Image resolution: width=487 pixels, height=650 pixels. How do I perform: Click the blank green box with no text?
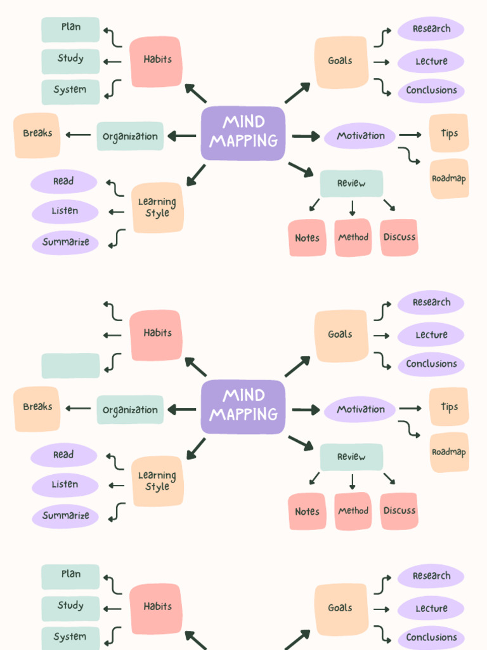[x=70, y=366]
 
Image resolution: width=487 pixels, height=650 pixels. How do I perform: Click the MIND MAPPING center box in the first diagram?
[x=243, y=133]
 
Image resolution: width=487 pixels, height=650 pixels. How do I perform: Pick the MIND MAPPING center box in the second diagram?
[x=243, y=406]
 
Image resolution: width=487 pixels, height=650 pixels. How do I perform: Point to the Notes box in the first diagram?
[x=307, y=238]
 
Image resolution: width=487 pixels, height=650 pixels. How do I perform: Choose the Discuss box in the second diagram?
[x=399, y=511]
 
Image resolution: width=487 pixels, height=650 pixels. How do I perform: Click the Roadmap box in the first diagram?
[x=449, y=179]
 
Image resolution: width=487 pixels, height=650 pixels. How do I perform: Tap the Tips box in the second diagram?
[x=449, y=407]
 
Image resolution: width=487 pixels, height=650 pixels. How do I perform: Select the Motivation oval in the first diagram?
[x=360, y=136]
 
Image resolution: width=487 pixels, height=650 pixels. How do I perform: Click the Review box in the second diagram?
[x=351, y=457]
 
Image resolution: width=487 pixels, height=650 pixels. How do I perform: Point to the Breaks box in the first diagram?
[x=37, y=135]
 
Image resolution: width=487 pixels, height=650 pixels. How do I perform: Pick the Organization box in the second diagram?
[x=130, y=410]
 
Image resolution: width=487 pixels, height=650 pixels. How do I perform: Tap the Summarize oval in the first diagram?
[x=65, y=242]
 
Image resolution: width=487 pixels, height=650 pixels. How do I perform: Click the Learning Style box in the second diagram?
[x=157, y=481]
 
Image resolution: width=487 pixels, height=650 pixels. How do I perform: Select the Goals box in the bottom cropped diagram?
[x=341, y=608]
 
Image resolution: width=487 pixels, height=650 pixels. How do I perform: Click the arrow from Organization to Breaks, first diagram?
[x=78, y=135]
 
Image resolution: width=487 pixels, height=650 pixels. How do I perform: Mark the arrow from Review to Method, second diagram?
[x=352, y=481]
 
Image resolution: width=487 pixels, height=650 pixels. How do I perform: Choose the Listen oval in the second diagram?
[x=65, y=485]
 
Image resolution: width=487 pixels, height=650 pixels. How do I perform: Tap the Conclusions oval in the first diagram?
[x=431, y=91]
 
